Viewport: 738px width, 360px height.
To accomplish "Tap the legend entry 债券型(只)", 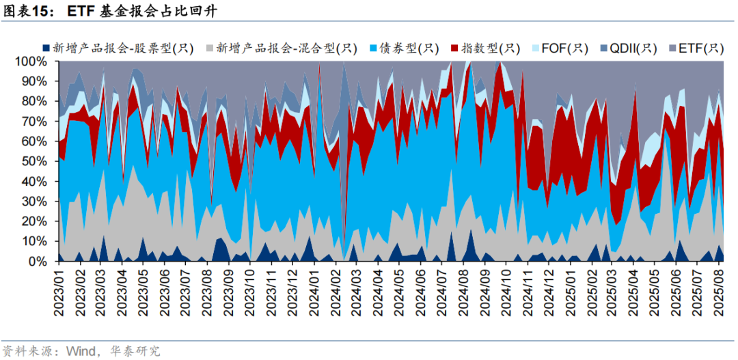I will pos(412,48).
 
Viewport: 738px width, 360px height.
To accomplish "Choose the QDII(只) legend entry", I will pos(633,48).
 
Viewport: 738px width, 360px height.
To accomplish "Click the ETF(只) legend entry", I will pos(699,48).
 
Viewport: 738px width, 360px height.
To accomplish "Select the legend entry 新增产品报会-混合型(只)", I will pos(286,48).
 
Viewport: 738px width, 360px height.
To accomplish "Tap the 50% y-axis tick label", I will pos(35,161).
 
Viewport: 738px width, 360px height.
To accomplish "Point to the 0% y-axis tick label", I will pos(38,262).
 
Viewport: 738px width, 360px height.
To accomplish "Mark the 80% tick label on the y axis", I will pos(35,101).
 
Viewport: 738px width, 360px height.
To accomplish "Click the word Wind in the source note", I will pos(81,351).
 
